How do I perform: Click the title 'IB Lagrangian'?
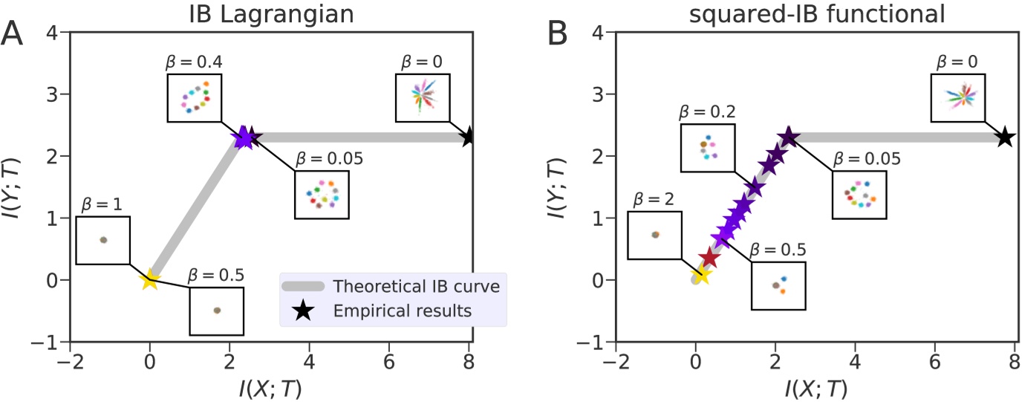click(270, 13)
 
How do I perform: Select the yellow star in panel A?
click(150, 279)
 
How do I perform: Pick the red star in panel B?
click(709, 258)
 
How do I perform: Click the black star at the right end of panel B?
click(1004, 137)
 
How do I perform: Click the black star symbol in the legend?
click(302, 311)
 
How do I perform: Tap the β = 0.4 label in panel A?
click(190, 61)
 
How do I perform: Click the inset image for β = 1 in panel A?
click(103, 240)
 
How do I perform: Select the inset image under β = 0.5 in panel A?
click(217, 310)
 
